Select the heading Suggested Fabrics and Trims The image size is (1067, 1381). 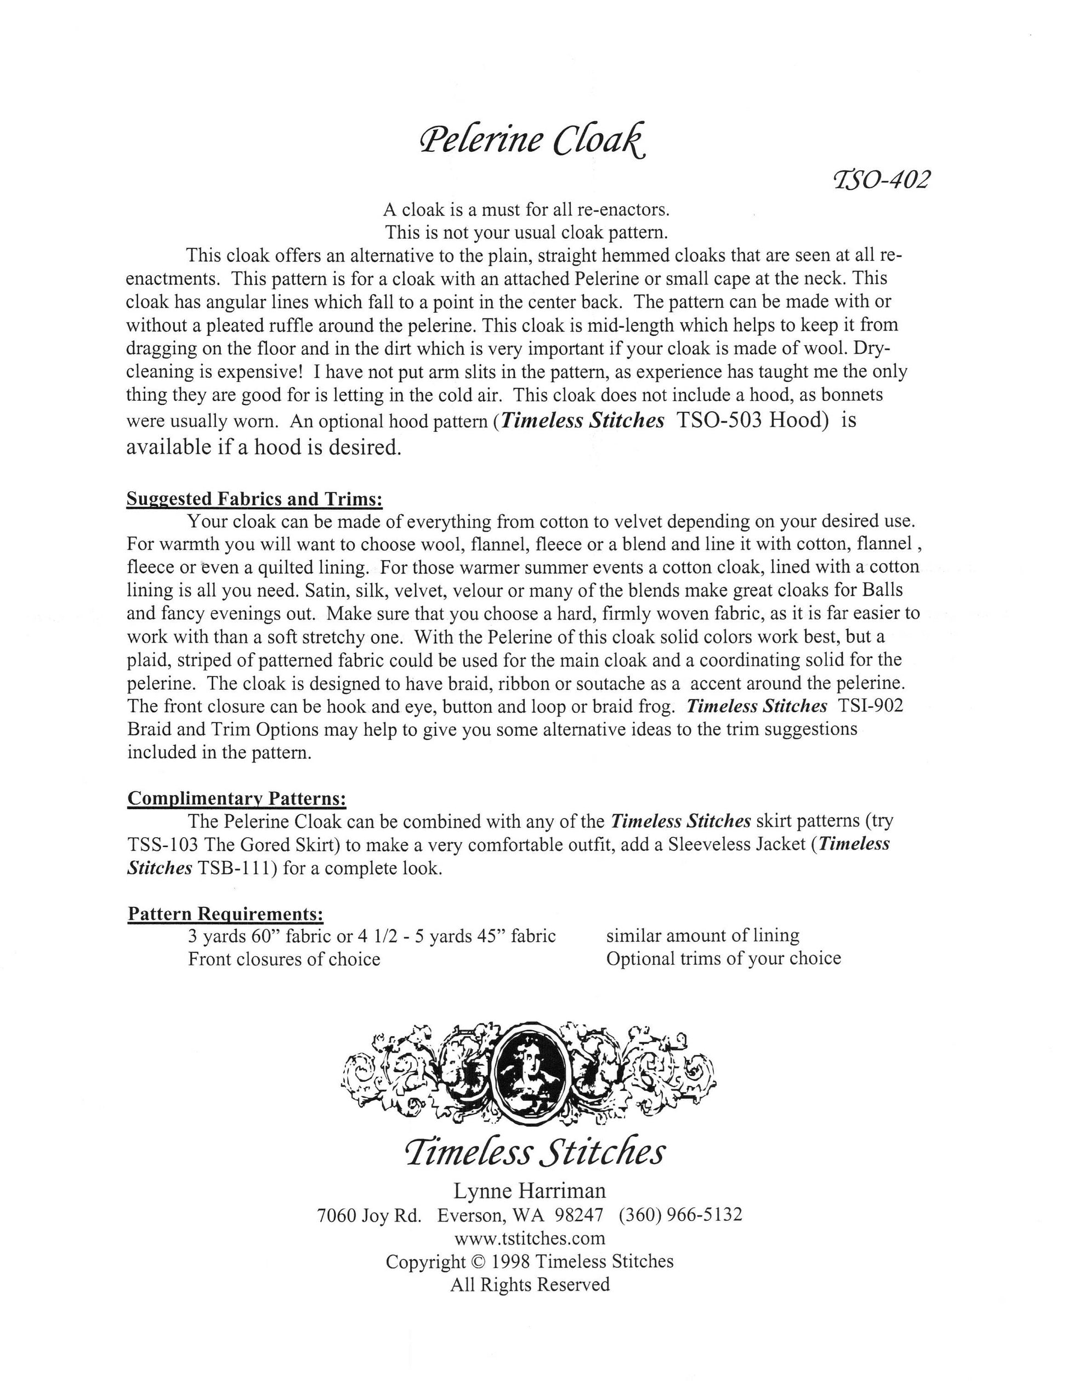point(254,499)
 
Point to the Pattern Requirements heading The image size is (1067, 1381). point(226,914)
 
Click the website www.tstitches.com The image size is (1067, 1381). point(530,1238)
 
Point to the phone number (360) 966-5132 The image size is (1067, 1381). point(680,1215)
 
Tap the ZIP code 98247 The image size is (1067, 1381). point(578,1215)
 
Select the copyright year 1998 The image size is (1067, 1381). point(509,1261)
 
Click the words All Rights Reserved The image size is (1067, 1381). point(530,1285)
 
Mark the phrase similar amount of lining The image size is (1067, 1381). point(702,936)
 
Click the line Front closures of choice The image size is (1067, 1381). point(284,959)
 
